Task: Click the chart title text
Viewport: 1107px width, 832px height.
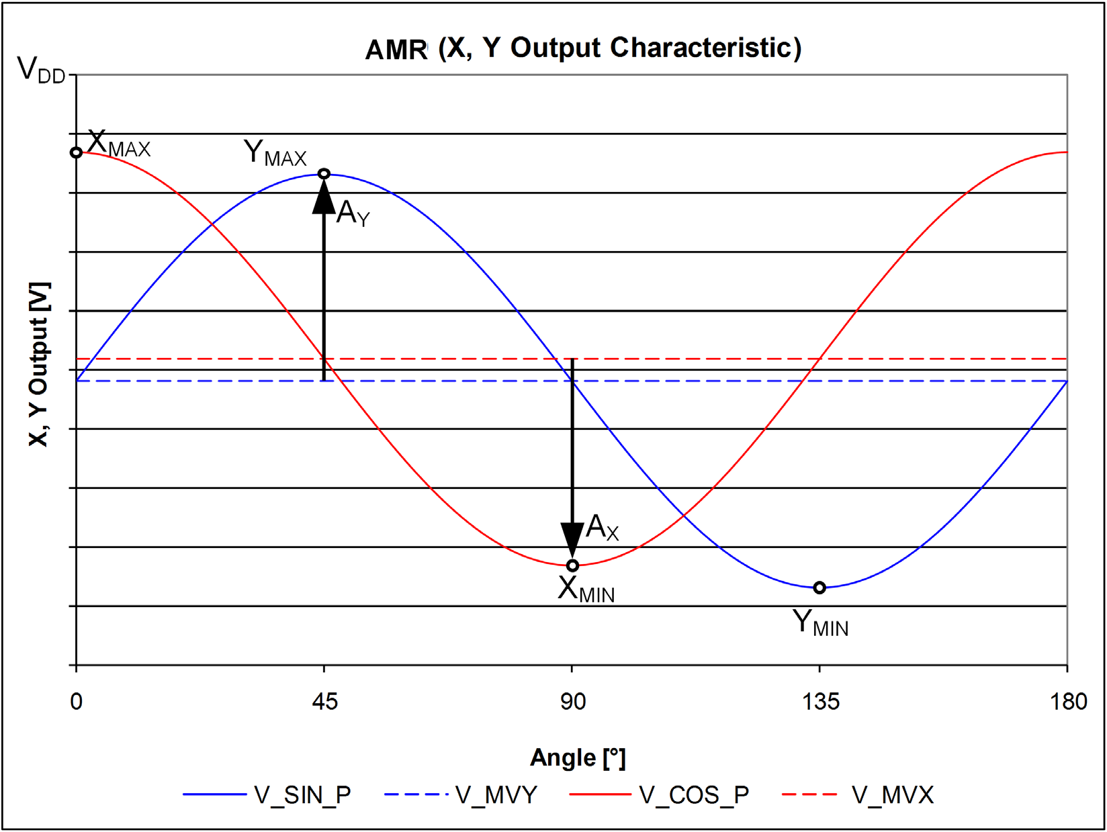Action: pos(583,49)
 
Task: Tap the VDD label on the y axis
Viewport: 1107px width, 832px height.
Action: pos(42,69)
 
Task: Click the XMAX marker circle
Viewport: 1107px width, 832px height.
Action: pos(76,152)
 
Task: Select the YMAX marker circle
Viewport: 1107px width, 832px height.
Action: pos(324,174)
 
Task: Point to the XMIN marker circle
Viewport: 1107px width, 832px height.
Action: pos(572,565)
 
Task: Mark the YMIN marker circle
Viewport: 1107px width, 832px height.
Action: pos(820,588)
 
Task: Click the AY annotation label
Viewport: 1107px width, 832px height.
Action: pos(353,213)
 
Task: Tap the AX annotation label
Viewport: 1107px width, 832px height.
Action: pos(602,527)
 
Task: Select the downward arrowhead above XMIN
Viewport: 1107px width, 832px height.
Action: pos(572,541)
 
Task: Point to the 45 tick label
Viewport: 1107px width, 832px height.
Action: pos(325,702)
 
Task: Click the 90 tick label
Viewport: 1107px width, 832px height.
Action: pos(573,702)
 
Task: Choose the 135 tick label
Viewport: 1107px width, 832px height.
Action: pos(821,702)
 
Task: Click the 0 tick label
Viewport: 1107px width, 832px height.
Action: pos(76,702)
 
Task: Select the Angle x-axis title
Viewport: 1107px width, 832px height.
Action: pos(578,758)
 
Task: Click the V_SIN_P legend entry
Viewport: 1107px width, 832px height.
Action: pos(267,795)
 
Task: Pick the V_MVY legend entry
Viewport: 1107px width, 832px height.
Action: pos(461,795)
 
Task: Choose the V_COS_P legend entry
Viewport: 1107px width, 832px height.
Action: pos(659,795)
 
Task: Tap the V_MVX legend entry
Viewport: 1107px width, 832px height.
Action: pos(858,795)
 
